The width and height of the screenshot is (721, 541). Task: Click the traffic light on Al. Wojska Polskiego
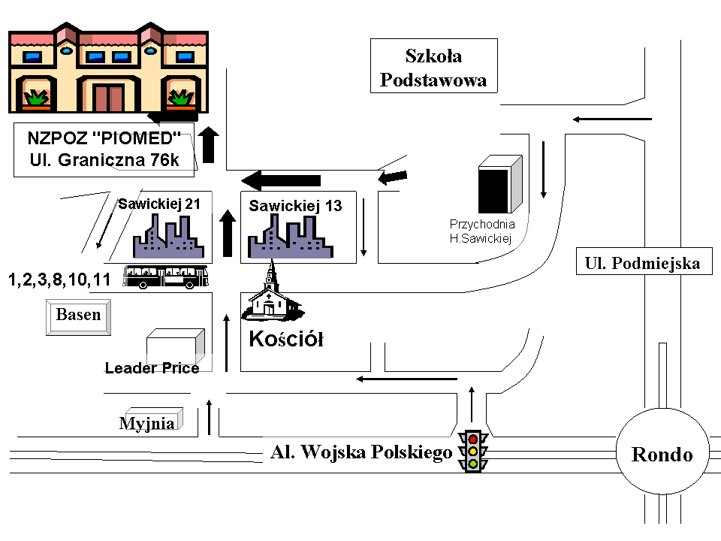tap(472, 451)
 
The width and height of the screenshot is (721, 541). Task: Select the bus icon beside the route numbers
tap(165, 277)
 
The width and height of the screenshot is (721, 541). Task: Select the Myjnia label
tap(147, 423)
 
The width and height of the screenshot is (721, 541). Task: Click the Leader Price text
tap(152, 368)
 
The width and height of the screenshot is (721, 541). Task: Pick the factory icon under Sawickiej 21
tap(167, 236)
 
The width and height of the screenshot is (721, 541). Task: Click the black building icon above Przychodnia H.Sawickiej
tap(500, 184)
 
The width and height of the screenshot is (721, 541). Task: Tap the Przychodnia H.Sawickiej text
tap(482, 231)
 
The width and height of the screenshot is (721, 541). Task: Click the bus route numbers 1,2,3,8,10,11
tap(59, 280)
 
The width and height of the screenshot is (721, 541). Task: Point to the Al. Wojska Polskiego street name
tap(361, 452)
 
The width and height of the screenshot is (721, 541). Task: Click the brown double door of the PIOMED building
tap(108, 98)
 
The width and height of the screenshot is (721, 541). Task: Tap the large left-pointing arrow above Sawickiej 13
tap(281, 180)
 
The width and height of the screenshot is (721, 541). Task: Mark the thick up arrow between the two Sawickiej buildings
tap(227, 233)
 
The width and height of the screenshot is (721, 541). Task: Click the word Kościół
tap(286, 339)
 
